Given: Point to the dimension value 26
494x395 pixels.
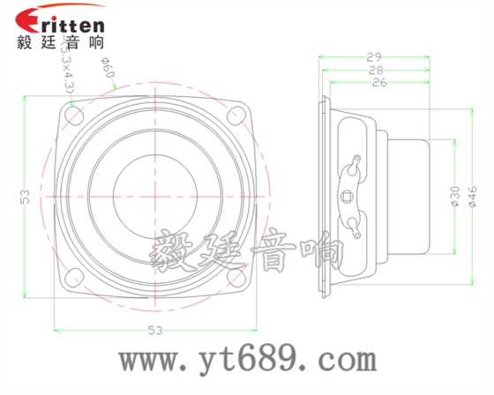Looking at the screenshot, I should coord(379,82).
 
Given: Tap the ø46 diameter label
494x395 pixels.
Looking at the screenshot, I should coord(472,195).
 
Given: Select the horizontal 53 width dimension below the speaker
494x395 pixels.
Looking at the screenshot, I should coord(155,331).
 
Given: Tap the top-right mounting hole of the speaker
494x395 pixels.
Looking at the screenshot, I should coord(236,114).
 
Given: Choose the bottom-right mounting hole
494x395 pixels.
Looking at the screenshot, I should coord(236,277).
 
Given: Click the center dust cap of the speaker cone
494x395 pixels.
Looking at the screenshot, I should coord(155,195).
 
